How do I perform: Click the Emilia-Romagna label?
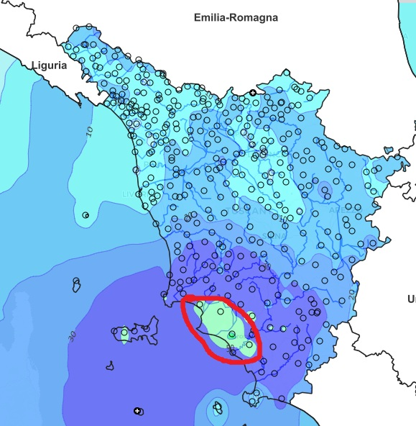tap(236, 17)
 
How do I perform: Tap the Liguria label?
tap(49, 65)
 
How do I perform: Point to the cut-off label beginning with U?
tap(411, 299)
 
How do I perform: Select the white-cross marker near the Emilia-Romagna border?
tap(253, 92)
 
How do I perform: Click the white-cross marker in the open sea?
tap(137, 411)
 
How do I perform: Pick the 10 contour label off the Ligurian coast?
tap(90, 131)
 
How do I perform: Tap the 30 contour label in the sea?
tap(71, 335)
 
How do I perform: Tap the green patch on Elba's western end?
tap(124, 334)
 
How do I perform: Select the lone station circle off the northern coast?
tap(86, 214)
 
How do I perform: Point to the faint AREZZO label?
tap(335, 212)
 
